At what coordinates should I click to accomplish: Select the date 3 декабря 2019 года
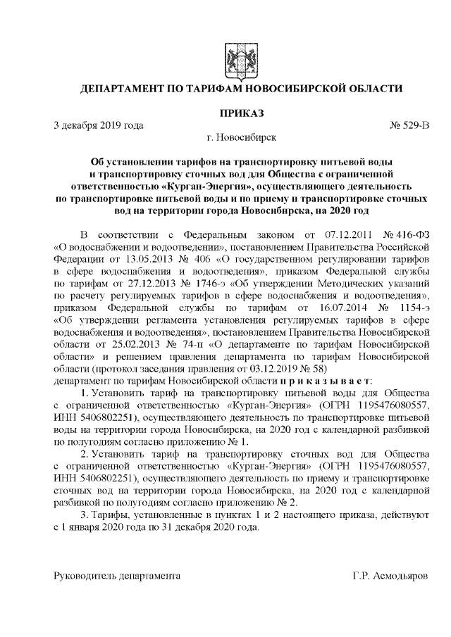tap(99, 125)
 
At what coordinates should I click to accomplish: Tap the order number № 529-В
tap(409, 125)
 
